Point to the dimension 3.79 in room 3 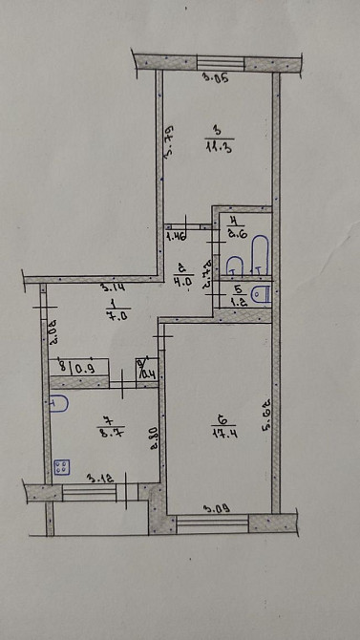168,140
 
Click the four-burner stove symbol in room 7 63,468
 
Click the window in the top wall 220,62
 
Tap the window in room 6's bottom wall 213,523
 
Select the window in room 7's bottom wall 89,492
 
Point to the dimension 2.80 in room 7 155,437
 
